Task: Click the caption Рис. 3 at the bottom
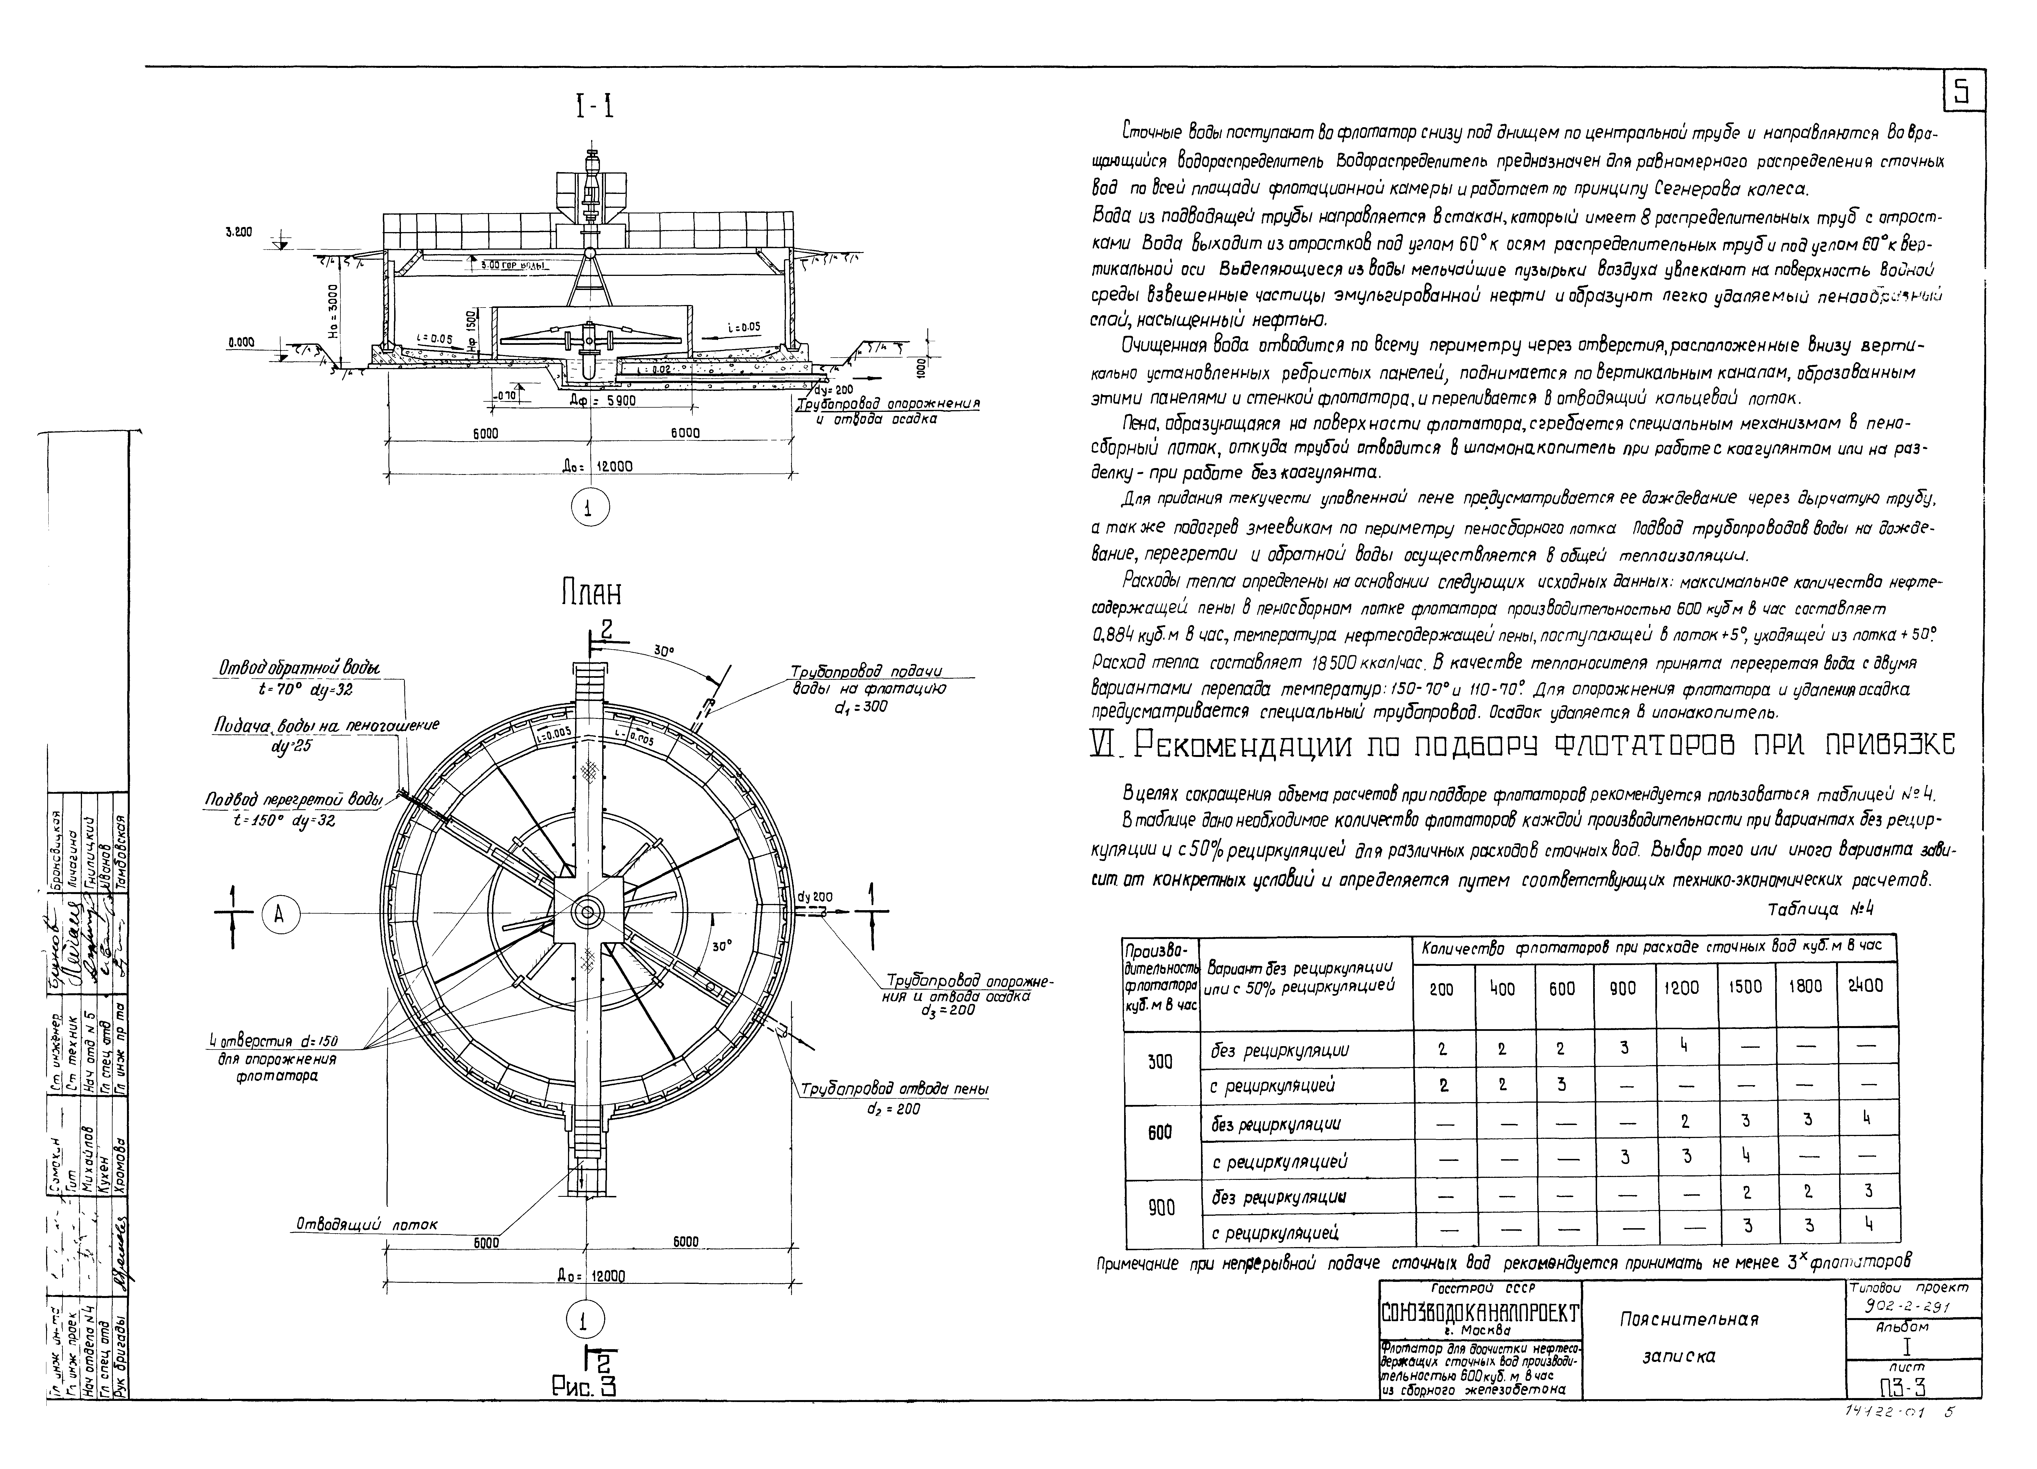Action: click(585, 1387)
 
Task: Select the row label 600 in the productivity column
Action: click(1160, 1133)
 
